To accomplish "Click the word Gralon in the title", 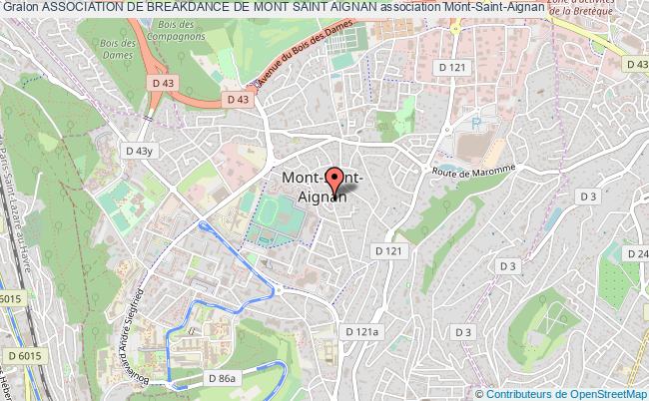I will click(x=19, y=9).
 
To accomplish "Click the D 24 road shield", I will click(x=636, y=253).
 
